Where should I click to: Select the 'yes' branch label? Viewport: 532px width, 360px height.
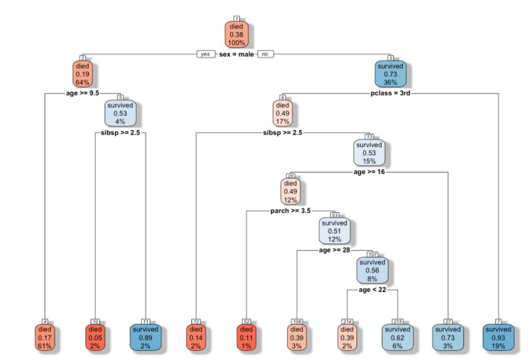[202, 55]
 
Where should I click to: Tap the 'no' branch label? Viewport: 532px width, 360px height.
[265, 55]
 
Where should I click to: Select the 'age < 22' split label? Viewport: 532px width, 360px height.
[373, 289]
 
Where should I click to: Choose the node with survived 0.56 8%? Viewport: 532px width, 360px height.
[373, 270]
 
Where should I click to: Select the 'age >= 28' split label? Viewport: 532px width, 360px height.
[335, 250]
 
